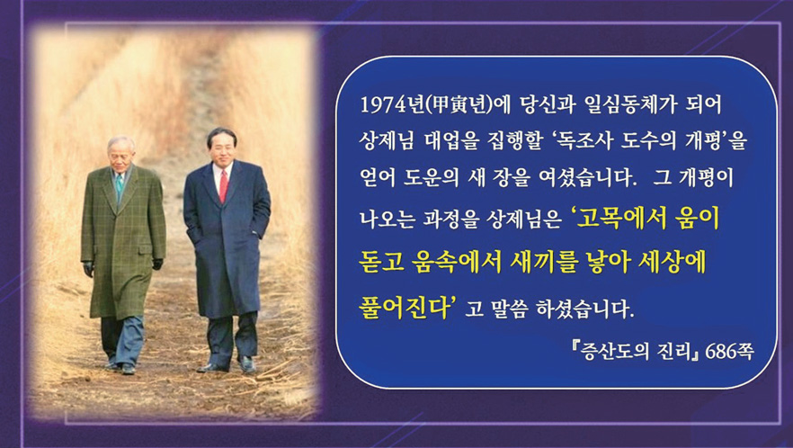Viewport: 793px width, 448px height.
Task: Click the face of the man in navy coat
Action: [222, 148]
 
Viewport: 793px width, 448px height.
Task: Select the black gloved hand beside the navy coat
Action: [158, 264]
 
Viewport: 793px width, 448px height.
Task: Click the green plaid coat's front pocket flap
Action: [145, 249]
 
